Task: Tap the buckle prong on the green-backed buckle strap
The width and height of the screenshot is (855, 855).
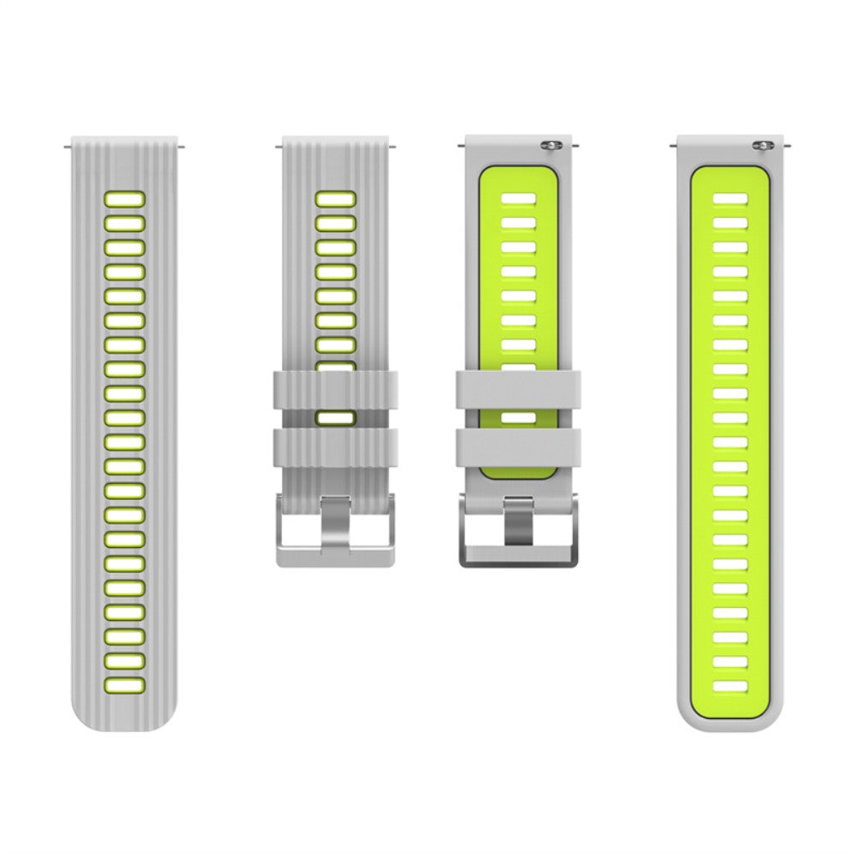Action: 518,520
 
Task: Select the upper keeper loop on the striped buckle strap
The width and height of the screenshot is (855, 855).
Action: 335,390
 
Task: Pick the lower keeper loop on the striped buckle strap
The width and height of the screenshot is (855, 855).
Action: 335,448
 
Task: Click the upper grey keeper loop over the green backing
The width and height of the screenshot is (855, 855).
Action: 518,390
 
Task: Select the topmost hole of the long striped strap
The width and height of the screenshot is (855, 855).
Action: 125,199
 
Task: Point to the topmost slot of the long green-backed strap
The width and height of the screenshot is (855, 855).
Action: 730,198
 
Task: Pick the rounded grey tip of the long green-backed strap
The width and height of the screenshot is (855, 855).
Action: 730,722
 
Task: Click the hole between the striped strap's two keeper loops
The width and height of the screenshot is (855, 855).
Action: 335,418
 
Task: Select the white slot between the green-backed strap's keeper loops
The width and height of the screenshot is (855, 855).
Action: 518,418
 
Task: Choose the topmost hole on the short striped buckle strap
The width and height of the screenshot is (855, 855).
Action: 335,199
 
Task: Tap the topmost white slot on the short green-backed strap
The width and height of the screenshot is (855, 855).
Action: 518,198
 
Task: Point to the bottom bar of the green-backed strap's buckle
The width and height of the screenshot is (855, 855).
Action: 518,556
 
